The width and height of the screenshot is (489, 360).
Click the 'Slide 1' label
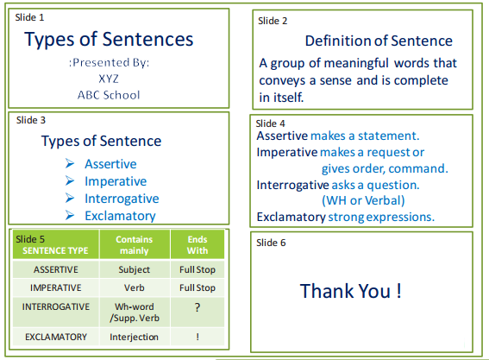[x=29, y=17]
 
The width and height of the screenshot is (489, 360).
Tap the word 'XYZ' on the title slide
[x=109, y=79]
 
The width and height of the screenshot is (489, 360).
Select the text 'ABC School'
[x=109, y=95]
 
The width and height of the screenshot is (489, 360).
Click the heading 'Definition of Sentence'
[x=379, y=41]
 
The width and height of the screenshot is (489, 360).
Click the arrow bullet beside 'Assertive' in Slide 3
[x=70, y=163]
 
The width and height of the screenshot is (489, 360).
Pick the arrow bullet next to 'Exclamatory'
[x=70, y=215]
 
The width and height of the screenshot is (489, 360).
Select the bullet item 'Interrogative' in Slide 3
[x=122, y=199]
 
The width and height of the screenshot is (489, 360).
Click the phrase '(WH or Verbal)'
[x=363, y=200]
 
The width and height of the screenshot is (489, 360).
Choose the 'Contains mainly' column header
[x=135, y=245]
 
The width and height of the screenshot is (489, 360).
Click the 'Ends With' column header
[x=197, y=245]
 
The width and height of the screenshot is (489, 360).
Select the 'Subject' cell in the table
[x=134, y=269]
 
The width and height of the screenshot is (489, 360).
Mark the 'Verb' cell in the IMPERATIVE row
[x=134, y=287]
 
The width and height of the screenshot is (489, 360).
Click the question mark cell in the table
[x=197, y=307]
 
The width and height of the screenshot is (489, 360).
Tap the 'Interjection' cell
[x=134, y=337]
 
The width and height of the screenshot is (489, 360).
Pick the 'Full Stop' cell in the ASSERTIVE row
[x=197, y=269]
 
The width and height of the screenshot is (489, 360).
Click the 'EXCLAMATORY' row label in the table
[x=56, y=337]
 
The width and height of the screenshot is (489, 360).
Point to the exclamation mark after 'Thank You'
[x=398, y=291]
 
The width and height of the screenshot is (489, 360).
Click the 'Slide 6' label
[x=271, y=243]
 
